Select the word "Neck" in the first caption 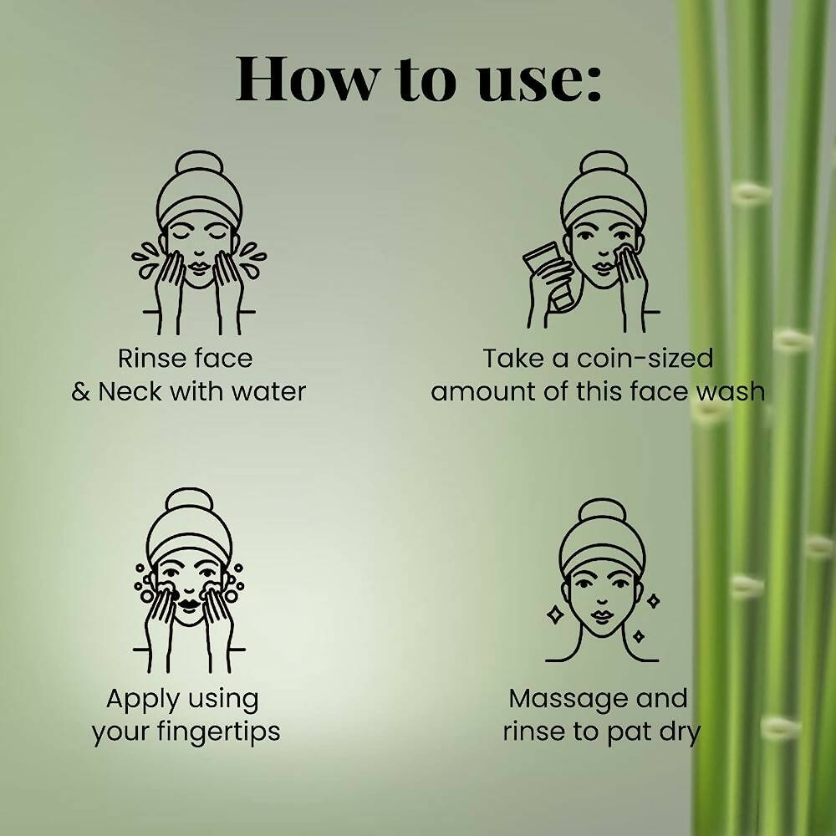[131, 391]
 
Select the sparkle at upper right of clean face [653, 599]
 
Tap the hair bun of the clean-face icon [602, 512]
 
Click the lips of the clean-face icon [602, 619]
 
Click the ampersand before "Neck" [81, 391]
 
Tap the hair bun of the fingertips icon [188, 505]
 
